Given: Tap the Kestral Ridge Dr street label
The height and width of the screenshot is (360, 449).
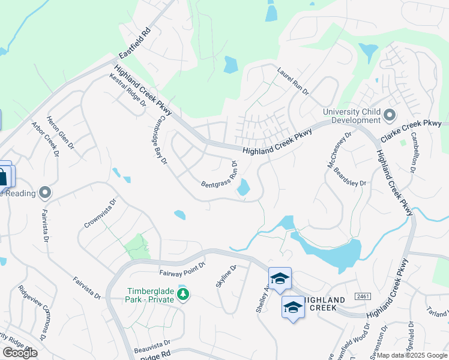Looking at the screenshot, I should coord(128,90).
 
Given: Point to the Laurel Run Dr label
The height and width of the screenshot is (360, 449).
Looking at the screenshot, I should coord(292,81).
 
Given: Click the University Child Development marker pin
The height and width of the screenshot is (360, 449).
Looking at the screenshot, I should coord(390,115).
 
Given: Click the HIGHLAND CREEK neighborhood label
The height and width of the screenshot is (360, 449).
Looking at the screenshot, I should coord(323,304).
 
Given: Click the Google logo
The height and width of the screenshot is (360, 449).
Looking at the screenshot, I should coord(20,353).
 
